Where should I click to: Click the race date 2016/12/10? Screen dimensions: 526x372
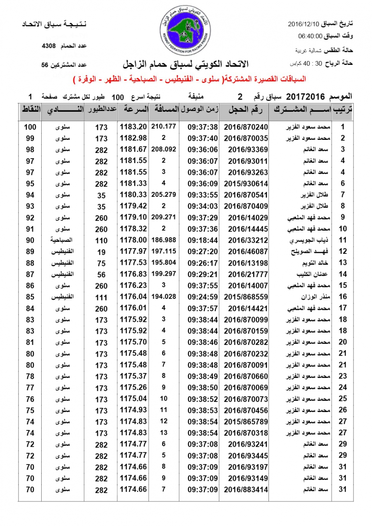click(304, 24)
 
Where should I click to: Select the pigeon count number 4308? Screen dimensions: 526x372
click(49, 46)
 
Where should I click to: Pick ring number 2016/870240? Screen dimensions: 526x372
click(246, 127)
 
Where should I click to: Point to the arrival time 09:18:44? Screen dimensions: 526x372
click(203, 240)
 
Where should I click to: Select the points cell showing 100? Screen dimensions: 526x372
click(30, 127)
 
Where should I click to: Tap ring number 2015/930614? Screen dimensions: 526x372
click(246, 184)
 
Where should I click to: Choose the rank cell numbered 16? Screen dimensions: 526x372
click(343, 297)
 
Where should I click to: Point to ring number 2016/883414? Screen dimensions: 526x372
click(246, 489)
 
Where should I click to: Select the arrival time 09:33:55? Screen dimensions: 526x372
click(203, 195)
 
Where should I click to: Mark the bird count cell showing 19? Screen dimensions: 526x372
click(101, 252)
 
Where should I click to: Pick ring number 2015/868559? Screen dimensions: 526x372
click(246, 297)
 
